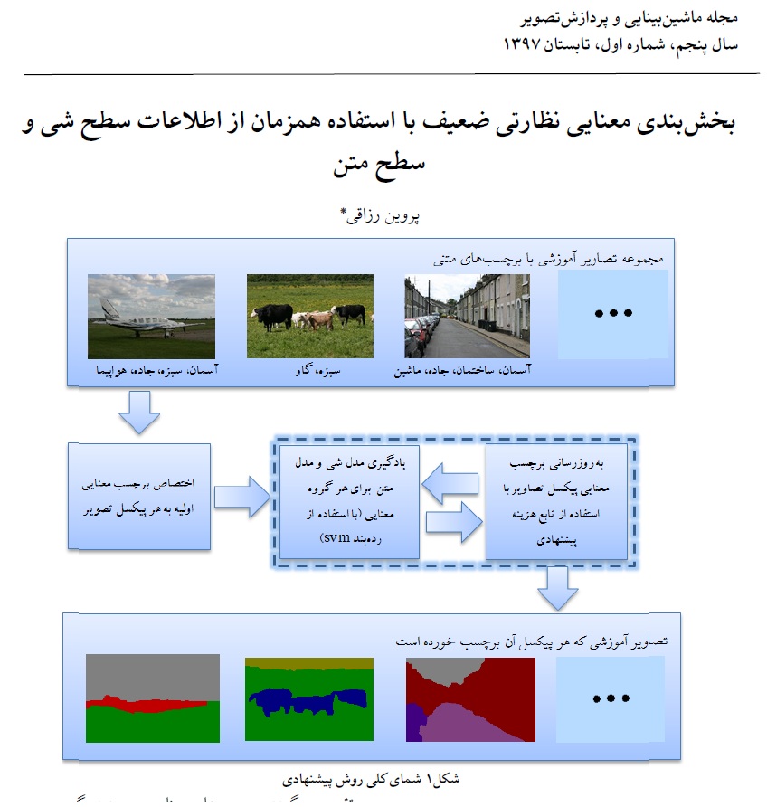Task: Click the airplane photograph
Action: click(151, 316)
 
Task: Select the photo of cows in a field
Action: click(309, 316)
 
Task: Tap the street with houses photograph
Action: click(467, 316)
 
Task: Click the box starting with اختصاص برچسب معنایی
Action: click(139, 497)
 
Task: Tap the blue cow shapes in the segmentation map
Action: click(298, 701)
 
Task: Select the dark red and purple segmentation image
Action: click(468, 699)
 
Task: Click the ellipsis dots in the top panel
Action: click(612, 314)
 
